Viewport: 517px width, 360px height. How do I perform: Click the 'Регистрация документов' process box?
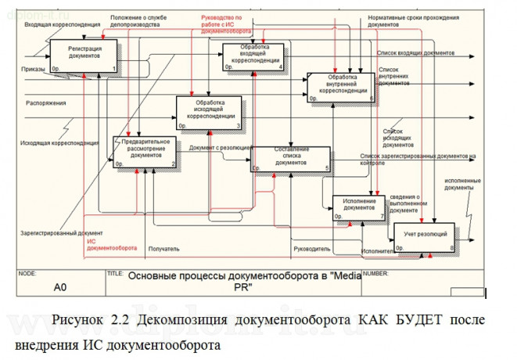coord(84,55)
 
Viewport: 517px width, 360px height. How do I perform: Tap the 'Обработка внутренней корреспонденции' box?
coord(341,87)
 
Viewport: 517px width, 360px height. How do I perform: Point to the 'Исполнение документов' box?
coord(359,207)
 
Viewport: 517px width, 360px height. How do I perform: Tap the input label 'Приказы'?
coord(34,69)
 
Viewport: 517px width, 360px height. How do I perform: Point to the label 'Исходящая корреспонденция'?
coord(59,143)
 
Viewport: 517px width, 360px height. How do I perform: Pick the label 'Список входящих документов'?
coord(415,52)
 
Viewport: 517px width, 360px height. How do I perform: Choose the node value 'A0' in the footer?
coord(59,287)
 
